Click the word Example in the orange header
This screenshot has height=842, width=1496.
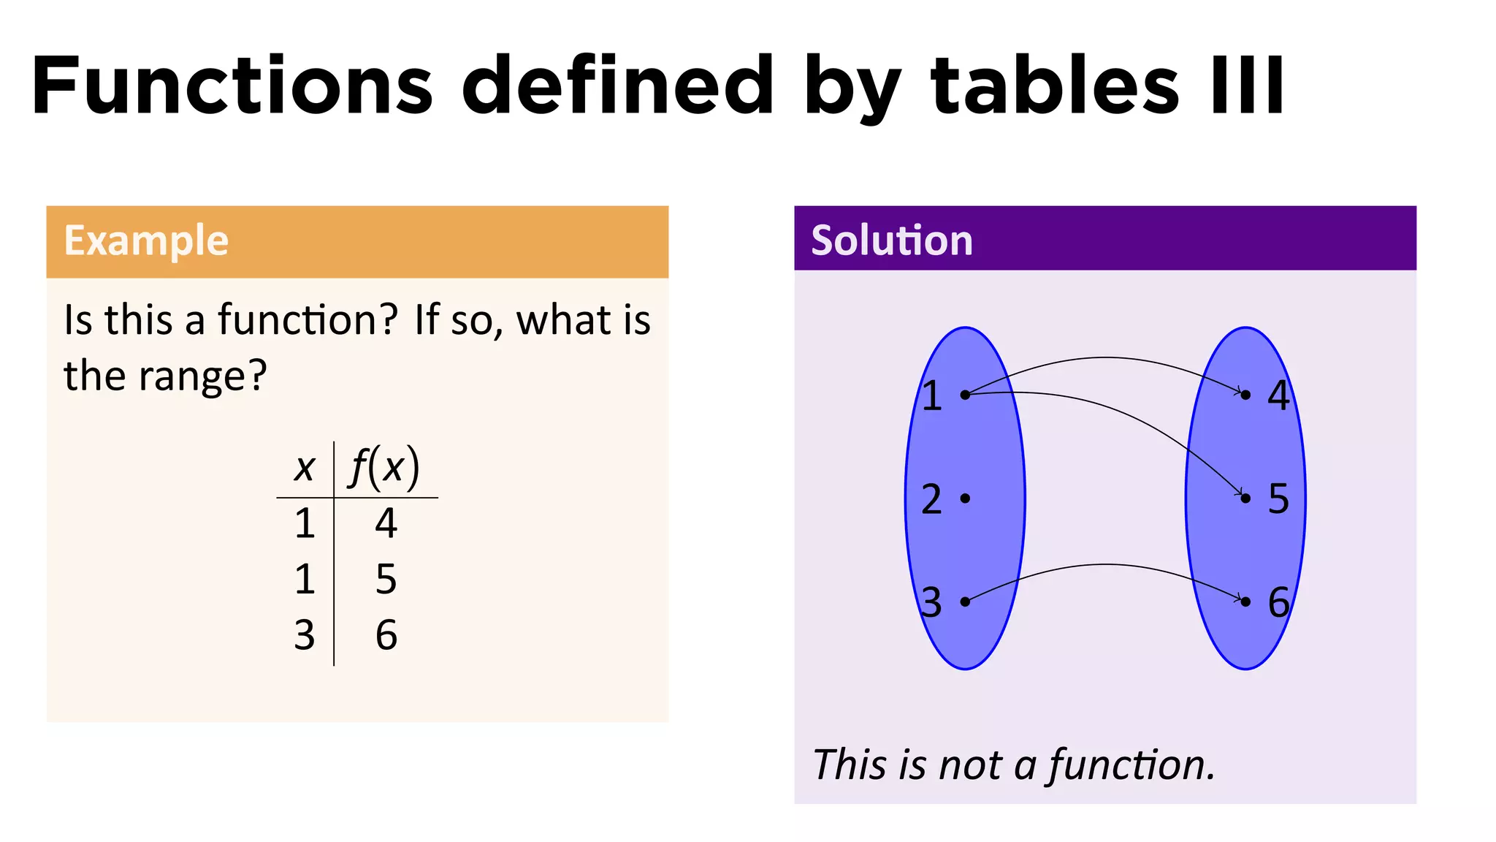[x=146, y=240]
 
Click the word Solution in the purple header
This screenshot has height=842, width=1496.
[x=892, y=240]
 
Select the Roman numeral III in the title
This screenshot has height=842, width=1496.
[x=1247, y=86]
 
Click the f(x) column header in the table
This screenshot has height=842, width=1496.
[x=385, y=468]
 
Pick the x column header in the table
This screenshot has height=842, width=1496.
[x=304, y=468]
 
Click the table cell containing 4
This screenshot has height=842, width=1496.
[x=386, y=523]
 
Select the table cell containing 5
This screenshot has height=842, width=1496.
[x=386, y=579]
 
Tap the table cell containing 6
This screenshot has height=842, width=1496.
[x=386, y=634]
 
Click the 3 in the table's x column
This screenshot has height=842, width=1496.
[x=305, y=634]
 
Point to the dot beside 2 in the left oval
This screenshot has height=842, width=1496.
[x=965, y=498]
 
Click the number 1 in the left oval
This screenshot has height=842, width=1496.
[x=931, y=395]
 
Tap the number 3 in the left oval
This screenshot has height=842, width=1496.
[x=931, y=603]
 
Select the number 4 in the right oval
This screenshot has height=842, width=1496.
[x=1278, y=395]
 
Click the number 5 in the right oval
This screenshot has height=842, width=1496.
[x=1278, y=498]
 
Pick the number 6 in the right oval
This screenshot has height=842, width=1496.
[x=1278, y=602]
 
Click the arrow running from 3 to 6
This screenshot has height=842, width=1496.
[x=1105, y=565]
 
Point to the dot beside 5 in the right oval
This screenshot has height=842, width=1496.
[x=1246, y=498]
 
